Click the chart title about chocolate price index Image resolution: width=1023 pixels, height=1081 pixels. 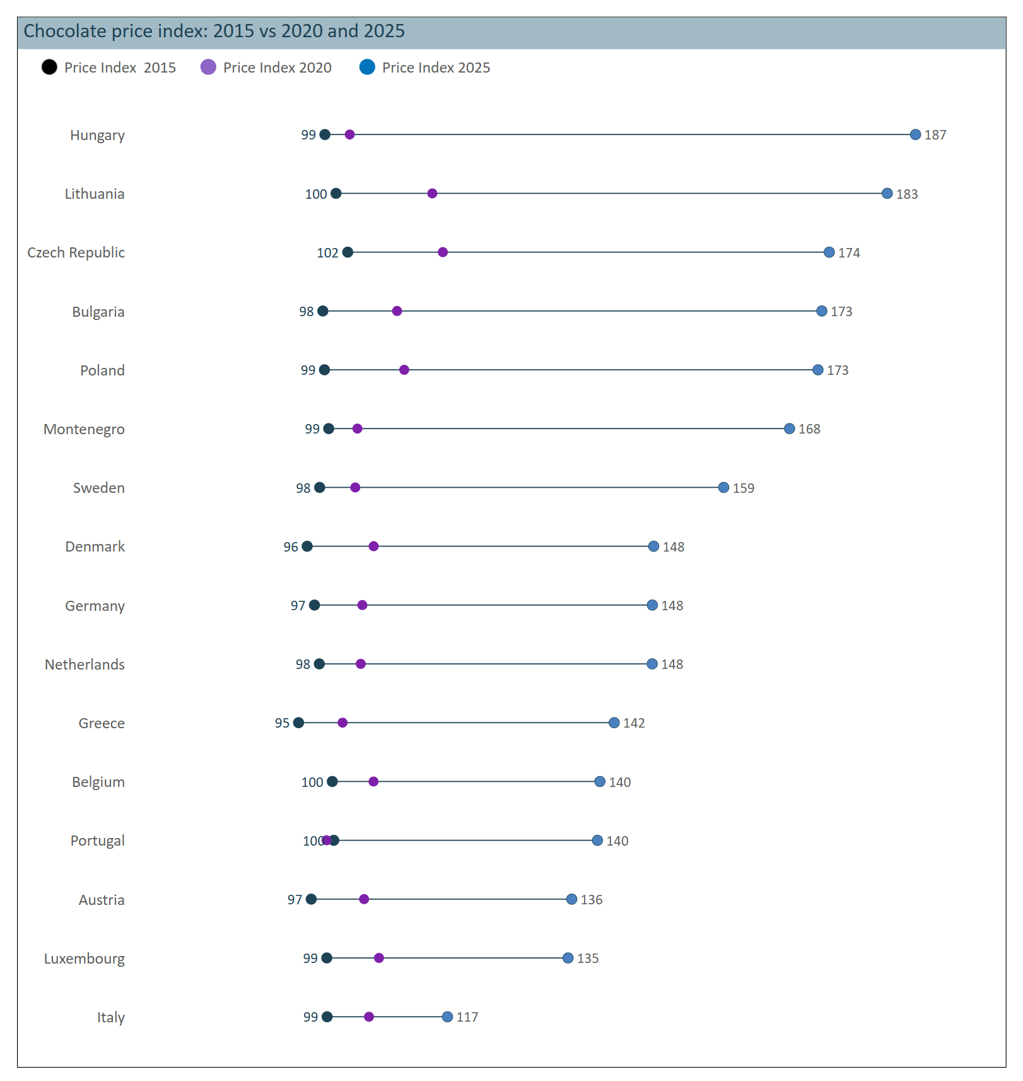[x=214, y=31]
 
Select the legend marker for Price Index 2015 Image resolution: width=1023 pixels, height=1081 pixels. [x=49, y=67]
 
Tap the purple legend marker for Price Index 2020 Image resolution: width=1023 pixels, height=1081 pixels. [x=208, y=67]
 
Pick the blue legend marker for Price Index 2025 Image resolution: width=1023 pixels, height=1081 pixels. [x=367, y=67]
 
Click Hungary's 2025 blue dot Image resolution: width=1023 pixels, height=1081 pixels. [x=915, y=134]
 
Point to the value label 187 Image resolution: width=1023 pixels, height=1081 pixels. [x=935, y=135]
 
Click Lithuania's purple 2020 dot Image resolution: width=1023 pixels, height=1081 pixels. [x=432, y=193]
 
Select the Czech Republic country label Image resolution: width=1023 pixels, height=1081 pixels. [x=76, y=252]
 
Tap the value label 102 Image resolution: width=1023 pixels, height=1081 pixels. [x=327, y=253]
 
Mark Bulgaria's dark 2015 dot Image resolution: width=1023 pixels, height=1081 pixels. [x=323, y=311]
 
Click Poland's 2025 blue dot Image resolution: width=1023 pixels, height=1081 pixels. [x=818, y=370]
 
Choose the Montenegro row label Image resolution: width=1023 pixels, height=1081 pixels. [x=84, y=429]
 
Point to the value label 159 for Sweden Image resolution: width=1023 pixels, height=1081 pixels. [x=744, y=488]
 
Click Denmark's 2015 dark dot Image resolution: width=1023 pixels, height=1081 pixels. [x=307, y=546]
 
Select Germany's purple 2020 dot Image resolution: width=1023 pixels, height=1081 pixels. [x=362, y=605]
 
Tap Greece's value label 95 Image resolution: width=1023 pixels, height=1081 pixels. [x=282, y=723]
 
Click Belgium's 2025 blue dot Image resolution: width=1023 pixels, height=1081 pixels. [x=600, y=782]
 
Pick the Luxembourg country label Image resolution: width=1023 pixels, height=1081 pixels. [x=85, y=959]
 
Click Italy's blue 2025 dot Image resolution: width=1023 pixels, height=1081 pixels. [x=447, y=1017]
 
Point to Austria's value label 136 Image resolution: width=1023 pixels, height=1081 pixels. [x=592, y=900]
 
